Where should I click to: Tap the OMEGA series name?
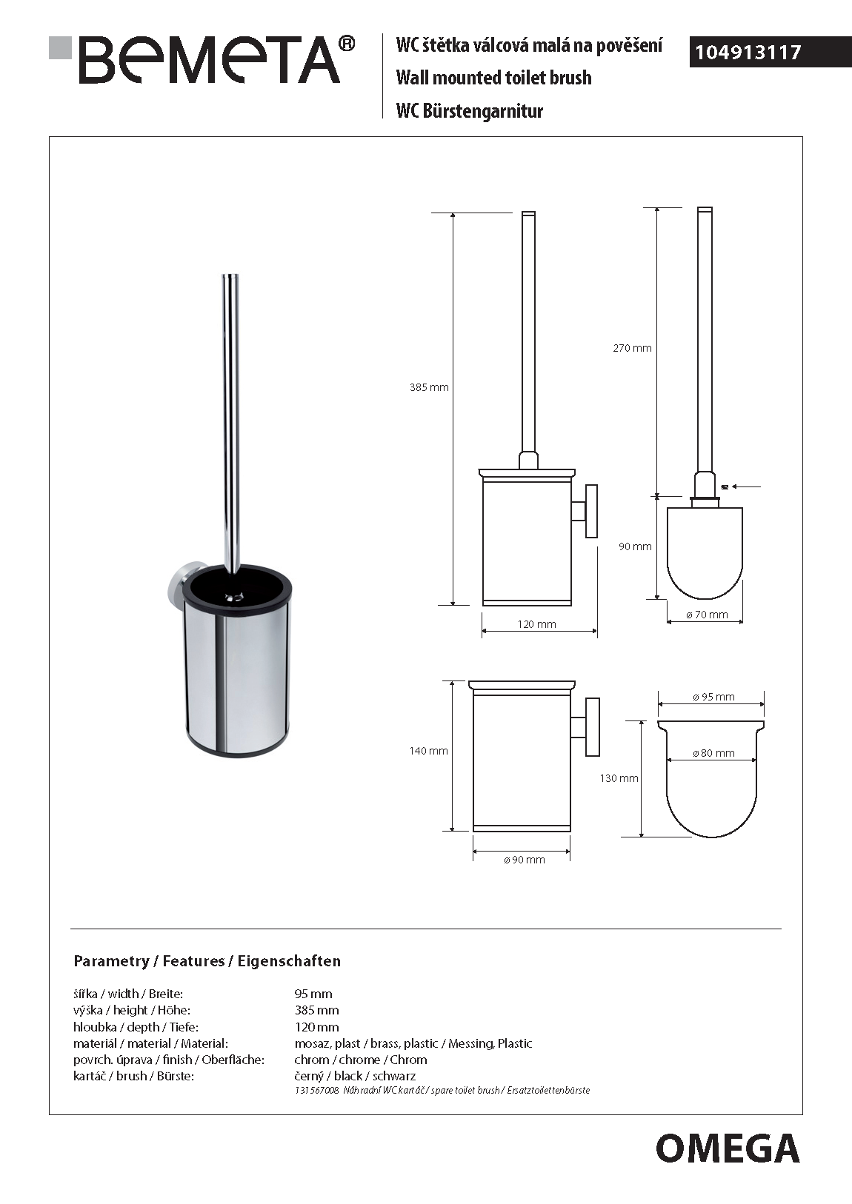pyautogui.click(x=727, y=1148)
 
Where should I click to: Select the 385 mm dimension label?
pyautogui.click(x=429, y=387)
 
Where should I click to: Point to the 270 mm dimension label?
pyautogui.click(x=632, y=348)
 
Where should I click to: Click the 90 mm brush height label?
pyautogui.click(x=635, y=546)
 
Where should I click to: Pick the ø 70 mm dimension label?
pyautogui.click(x=707, y=615)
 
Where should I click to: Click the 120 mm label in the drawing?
pyautogui.click(x=536, y=624)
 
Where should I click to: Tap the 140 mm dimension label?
pyautogui.click(x=428, y=751)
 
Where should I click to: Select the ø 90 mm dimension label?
pyautogui.click(x=524, y=860)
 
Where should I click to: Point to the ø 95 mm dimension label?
pyautogui.click(x=713, y=697)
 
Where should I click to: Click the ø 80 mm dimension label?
pyautogui.click(x=713, y=753)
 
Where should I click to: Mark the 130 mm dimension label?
pyautogui.click(x=619, y=778)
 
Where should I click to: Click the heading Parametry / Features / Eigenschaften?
pyautogui.click(x=207, y=961)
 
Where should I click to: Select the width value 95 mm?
pyautogui.click(x=313, y=994)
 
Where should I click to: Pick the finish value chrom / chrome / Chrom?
pyautogui.click(x=361, y=1060)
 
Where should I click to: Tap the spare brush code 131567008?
pyautogui.click(x=316, y=1091)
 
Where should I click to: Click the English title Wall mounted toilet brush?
pyautogui.click(x=493, y=78)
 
